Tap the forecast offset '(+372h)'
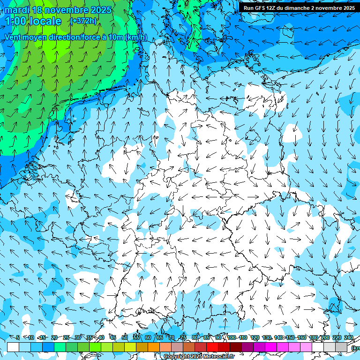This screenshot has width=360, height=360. [84, 21]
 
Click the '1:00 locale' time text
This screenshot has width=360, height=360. [33, 21]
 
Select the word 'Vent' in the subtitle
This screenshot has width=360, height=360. [15, 37]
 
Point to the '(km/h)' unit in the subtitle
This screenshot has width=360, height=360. [136, 37]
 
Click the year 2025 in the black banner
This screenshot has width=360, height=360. [347, 8]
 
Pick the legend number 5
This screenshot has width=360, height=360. [18, 337]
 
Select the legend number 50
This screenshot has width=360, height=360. [125, 337]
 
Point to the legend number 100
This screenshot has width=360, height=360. [232, 337]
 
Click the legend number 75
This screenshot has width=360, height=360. [183, 337]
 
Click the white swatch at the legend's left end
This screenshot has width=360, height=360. [13, 347]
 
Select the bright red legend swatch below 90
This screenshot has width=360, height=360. [212, 347]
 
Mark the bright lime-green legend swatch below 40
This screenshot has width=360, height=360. [95, 347]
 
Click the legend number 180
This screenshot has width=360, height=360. [313, 337]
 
